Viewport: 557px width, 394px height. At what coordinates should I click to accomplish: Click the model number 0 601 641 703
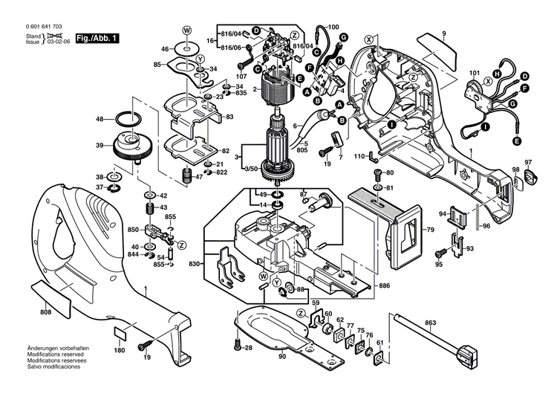pyautogui.click(x=35, y=26)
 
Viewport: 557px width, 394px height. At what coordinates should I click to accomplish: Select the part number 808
pyautogui.click(x=45, y=312)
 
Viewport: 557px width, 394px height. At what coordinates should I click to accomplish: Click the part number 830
pyautogui.click(x=195, y=264)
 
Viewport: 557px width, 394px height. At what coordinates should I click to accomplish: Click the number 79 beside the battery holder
pyautogui.click(x=429, y=230)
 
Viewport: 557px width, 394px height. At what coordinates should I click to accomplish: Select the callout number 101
pyautogui.click(x=474, y=72)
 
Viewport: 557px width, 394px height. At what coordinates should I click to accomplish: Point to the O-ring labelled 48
pyautogui.click(x=128, y=118)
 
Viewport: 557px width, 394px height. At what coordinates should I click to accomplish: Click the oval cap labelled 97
pyautogui.click(x=529, y=177)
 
